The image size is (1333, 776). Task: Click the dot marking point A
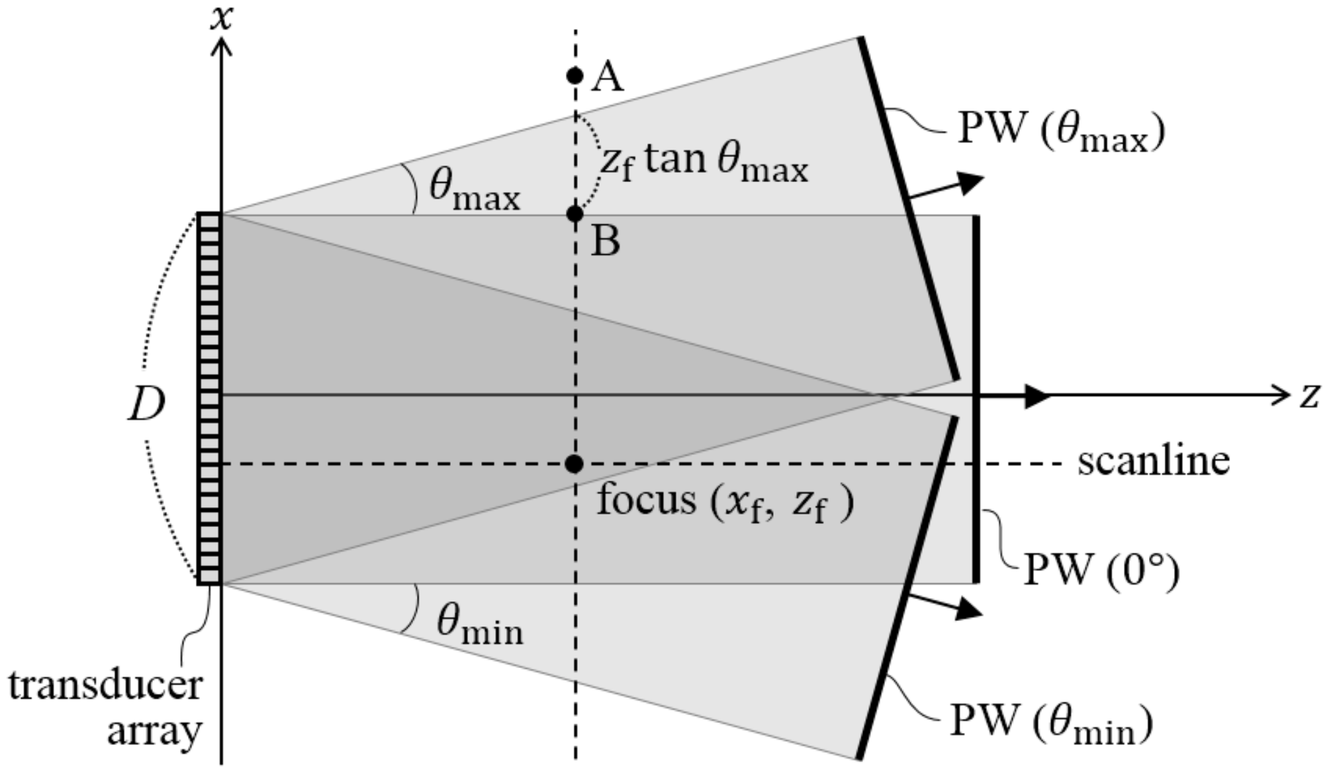point(575,75)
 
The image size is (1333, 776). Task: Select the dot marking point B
point(575,214)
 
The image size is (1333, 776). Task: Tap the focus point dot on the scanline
point(575,464)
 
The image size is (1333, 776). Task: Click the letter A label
point(608,77)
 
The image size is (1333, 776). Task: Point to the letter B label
point(606,242)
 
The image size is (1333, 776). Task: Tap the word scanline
point(1154,461)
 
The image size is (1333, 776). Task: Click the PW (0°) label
point(1101,569)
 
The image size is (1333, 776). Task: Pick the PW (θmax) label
point(1061,130)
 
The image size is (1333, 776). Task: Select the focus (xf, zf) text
point(725,501)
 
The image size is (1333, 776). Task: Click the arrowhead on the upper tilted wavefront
point(970,181)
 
